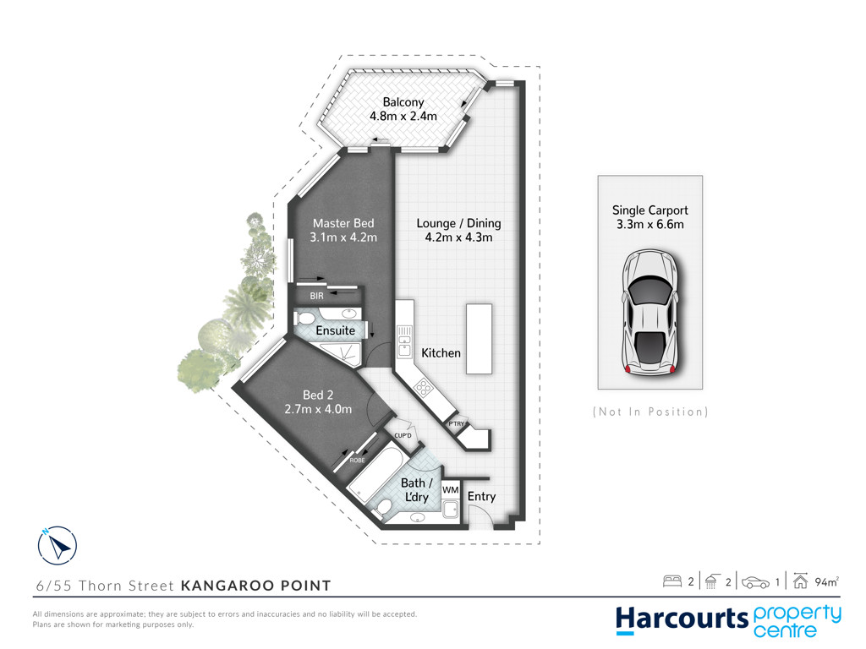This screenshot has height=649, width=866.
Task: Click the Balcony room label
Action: click(403, 102)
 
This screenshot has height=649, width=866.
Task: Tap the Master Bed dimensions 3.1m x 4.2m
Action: click(343, 237)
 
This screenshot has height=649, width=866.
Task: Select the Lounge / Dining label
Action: click(458, 223)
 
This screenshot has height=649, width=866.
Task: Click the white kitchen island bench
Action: click(479, 339)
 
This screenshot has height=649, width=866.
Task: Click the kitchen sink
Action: click(404, 341)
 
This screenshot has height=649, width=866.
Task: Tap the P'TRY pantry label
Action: click(456, 424)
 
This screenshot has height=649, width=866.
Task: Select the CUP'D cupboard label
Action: click(403, 435)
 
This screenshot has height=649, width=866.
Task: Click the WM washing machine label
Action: click(450, 489)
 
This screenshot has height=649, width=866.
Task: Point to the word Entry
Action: click(481, 496)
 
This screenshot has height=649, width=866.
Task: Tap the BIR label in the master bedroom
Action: click(316, 296)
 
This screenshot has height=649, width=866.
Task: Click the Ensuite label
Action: click(335, 330)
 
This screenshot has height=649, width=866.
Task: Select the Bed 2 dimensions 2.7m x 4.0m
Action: click(318, 410)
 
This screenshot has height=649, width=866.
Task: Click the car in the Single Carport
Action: click(650, 313)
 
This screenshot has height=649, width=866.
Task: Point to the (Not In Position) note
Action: click(650, 412)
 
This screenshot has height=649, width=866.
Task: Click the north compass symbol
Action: click(58, 545)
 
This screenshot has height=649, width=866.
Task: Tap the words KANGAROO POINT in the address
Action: click(255, 586)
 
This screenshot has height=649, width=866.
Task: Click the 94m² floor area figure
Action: click(827, 581)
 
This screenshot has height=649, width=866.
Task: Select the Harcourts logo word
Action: click(682, 619)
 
